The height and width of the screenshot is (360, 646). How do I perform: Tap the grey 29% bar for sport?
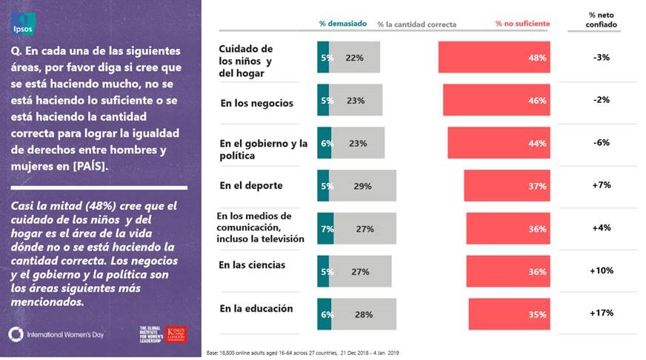pos(363,186)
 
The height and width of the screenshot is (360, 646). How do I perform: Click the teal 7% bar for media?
pos(325,229)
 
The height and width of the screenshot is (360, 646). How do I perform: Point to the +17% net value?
pos(602,313)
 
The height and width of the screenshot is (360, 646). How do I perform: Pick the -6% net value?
pos(602,143)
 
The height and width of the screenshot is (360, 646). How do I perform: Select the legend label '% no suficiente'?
pos(522,24)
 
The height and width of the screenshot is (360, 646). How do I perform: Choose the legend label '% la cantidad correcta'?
pos(416,24)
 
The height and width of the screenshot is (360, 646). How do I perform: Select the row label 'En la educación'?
pos(256,308)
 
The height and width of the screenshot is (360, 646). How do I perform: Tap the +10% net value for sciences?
pos(602,270)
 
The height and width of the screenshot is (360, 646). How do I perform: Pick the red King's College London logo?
pos(176,334)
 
